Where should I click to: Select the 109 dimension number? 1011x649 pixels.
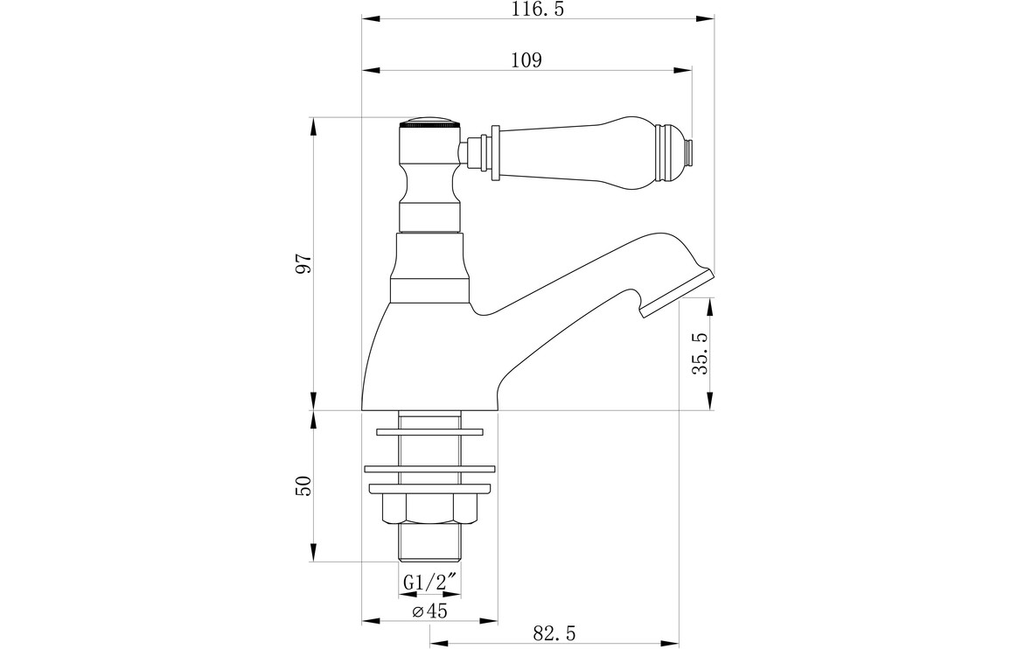tap(526, 60)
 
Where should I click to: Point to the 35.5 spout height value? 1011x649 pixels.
tap(701, 353)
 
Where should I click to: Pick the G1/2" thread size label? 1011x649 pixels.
tap(430, 582)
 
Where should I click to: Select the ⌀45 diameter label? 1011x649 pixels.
tap(430, 611)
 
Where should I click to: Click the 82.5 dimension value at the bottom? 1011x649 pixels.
tap(554, 632)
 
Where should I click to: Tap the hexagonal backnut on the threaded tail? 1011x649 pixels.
tap(430, 509)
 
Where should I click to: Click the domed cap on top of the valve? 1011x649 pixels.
tap(430, 122)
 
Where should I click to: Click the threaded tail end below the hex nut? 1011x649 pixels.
tap(430, 542)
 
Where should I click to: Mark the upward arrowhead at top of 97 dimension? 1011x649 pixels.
tap(314, 127)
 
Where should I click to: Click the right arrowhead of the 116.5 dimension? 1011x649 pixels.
tap(708, 18)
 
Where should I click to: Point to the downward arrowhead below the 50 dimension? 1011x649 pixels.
tap(314, 553)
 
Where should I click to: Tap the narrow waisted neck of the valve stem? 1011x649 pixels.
tap(430, 184)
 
